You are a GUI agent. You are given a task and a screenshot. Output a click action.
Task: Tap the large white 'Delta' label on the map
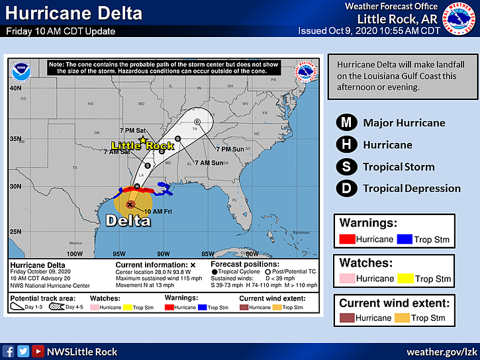[130, 220]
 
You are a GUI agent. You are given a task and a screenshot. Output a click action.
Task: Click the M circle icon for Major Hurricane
[346, 122]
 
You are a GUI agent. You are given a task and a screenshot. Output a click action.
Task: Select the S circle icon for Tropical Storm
[346, 167]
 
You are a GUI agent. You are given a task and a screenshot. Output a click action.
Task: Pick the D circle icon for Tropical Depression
[346, 189]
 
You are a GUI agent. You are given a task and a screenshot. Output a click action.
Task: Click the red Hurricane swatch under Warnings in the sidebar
[347, 239]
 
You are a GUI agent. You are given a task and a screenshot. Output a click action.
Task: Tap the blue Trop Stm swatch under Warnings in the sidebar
[405, 239]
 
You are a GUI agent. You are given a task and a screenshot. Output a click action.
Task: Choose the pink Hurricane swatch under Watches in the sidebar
[347, 279]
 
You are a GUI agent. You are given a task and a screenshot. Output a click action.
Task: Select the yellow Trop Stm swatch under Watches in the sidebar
[405, 279]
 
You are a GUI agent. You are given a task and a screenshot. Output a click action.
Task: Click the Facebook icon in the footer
[9, 351]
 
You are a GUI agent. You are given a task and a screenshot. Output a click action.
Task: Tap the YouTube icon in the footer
[39, 351]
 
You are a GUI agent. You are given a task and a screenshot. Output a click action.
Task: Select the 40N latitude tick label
[15, 87]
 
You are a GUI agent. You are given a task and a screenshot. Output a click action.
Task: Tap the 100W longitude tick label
[74, 253]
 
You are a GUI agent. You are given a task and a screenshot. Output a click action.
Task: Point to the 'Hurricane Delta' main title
[74, 13]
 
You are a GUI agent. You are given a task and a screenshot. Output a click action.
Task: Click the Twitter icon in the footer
[23, 351]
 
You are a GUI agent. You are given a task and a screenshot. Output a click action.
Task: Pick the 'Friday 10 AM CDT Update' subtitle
[61, 31]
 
